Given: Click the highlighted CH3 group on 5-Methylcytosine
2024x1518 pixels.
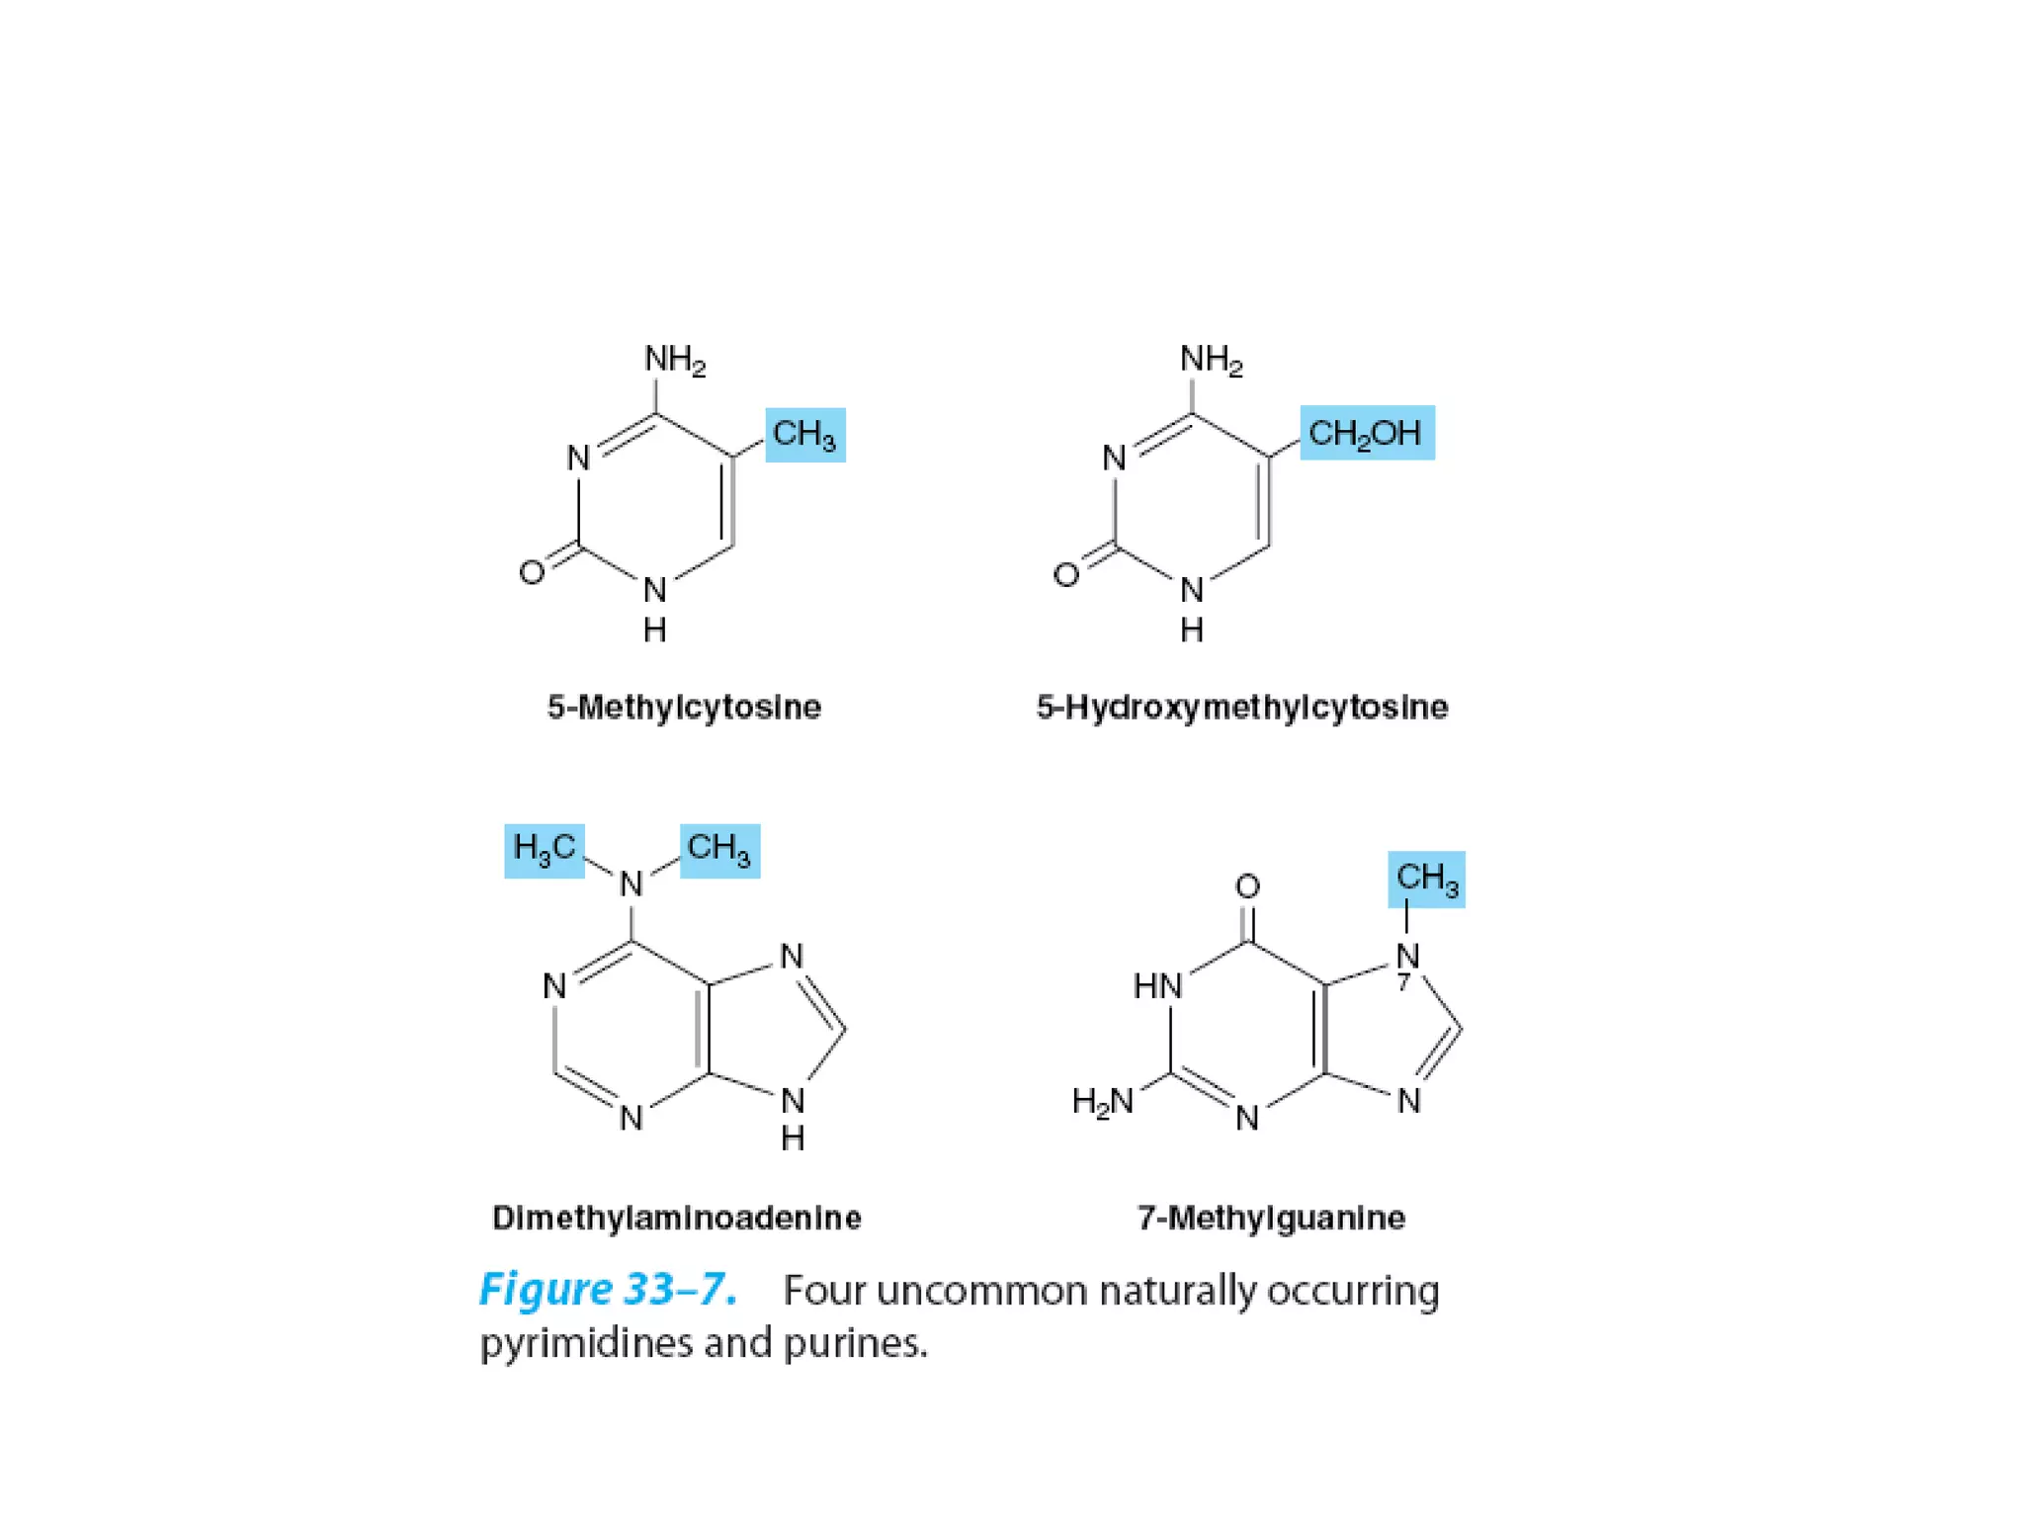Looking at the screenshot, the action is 804,435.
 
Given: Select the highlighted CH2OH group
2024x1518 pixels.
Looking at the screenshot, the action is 1366,433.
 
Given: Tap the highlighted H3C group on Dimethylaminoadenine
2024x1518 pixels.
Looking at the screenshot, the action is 544,850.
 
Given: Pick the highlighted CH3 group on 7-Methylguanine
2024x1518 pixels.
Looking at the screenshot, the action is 1426,879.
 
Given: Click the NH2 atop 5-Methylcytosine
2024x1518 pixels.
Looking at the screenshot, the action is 675,360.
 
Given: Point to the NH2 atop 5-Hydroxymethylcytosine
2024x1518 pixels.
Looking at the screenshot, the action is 1211,360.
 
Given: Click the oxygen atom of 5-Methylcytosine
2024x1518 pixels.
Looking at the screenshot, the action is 532,572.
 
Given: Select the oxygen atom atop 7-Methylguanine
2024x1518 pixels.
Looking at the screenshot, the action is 1247,886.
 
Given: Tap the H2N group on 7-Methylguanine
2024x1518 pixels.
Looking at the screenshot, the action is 1103,1101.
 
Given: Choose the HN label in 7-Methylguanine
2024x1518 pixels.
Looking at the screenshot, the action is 1157,985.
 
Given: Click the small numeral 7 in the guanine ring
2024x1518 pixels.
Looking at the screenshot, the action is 1402,983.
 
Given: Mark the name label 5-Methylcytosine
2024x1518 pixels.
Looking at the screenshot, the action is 684,708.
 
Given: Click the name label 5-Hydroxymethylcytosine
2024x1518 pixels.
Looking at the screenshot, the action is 1241,708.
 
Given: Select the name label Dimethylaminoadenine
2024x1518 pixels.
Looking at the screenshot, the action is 676,1218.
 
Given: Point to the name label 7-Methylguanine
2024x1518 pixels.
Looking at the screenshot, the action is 1271,1218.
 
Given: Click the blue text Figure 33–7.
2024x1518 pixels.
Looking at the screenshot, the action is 608,1290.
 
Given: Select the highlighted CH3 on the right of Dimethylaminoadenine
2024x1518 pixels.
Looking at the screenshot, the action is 719,850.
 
